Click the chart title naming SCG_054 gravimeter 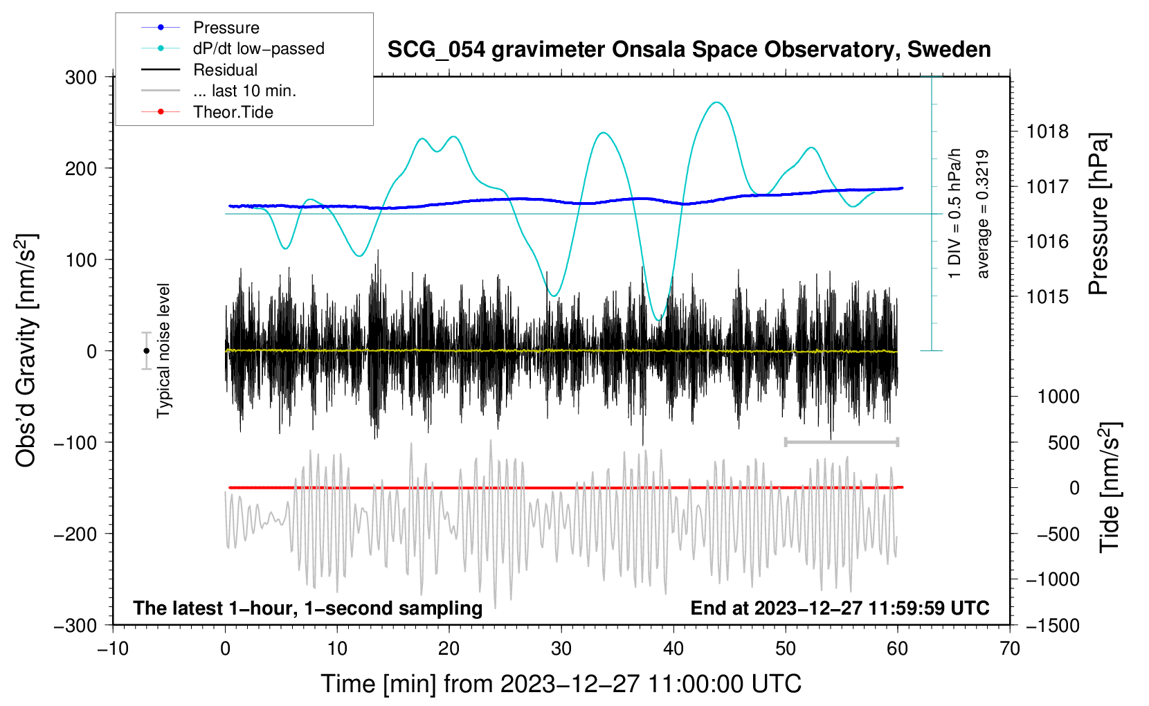coord(689,50)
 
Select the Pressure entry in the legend coord(226,27)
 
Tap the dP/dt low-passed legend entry coord(259,48)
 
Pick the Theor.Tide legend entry coord(233,112)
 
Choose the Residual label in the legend coord(225,70)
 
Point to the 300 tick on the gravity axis coord(81,78)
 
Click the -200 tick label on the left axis coord(75,534)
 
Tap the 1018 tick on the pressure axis coord(1047,132)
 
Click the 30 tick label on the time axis coord(561,649)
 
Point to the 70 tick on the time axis coord(1009,649)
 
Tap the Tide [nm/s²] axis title coord(1110,487)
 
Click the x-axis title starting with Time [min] coord(561,684)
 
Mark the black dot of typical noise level coord(146,351)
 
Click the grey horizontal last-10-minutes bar coord(841,442)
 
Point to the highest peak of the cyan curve coord(716,102)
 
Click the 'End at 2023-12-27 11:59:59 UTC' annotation coord(840,608)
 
